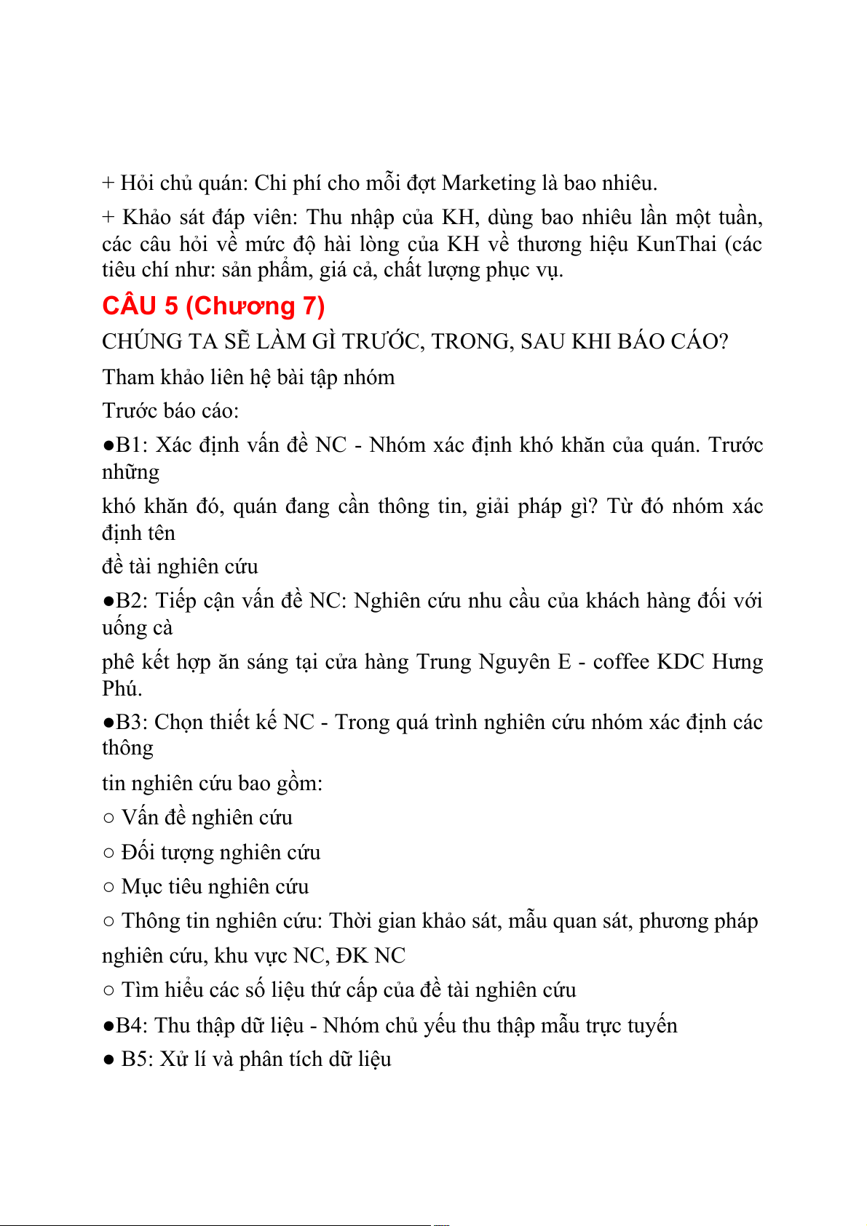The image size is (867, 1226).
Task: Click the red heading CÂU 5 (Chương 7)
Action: click(x=213, y=306)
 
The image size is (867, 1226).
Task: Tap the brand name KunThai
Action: click(x=676, y=244)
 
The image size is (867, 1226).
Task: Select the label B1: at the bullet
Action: click(x=132, y=445)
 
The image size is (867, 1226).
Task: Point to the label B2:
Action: click(x=132, y=600)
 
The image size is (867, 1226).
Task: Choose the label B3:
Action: click(x=132, y=722)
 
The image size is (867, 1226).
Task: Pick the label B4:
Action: click(x=132, y=1025)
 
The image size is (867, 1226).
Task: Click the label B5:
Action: click(x=136, y=1059)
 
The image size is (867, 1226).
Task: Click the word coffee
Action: click(x=621, y=661)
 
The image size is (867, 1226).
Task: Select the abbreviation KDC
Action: click(x=681, y=661)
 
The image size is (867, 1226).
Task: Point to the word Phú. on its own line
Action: click(x=122, y=688)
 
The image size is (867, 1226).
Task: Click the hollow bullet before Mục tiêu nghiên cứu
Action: click(x=108, y=887)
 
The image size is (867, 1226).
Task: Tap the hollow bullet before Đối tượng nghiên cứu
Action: click(x=108, y=853)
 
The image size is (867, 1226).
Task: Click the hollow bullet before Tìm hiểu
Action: click(x=108, y=990)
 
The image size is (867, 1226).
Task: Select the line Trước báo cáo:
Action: click(x=170, y=410)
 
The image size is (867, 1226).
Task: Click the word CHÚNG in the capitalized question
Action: click(x=142, y=341)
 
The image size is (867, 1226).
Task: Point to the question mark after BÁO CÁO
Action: click(x=723, y=341)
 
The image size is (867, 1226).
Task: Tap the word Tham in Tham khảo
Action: click(x=126, y=377)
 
